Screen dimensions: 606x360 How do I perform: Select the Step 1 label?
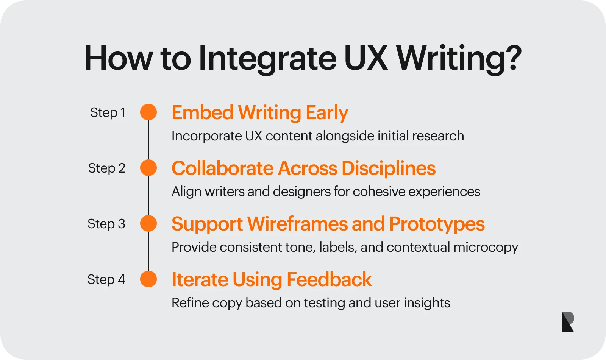click(108, 112)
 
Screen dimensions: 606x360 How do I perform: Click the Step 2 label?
click(107, 168)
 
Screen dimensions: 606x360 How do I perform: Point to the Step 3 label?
click(106, 224)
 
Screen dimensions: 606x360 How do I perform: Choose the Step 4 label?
click(106, 279)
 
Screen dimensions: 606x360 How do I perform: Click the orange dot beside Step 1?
click(148, 112)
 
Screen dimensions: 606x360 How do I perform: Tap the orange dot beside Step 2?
click(148, 168)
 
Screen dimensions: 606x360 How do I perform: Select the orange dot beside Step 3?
click(148, 223)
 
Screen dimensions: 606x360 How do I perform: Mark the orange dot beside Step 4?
click(148, 279)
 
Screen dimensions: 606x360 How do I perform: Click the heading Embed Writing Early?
click(260, 113)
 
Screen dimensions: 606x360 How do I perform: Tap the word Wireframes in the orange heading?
click(297, 224)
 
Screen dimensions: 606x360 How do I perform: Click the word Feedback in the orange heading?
click(329, 279)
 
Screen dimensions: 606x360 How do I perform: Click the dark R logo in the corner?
click(568, 322)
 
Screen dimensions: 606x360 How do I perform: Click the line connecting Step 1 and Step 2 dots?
click(148, 140)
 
